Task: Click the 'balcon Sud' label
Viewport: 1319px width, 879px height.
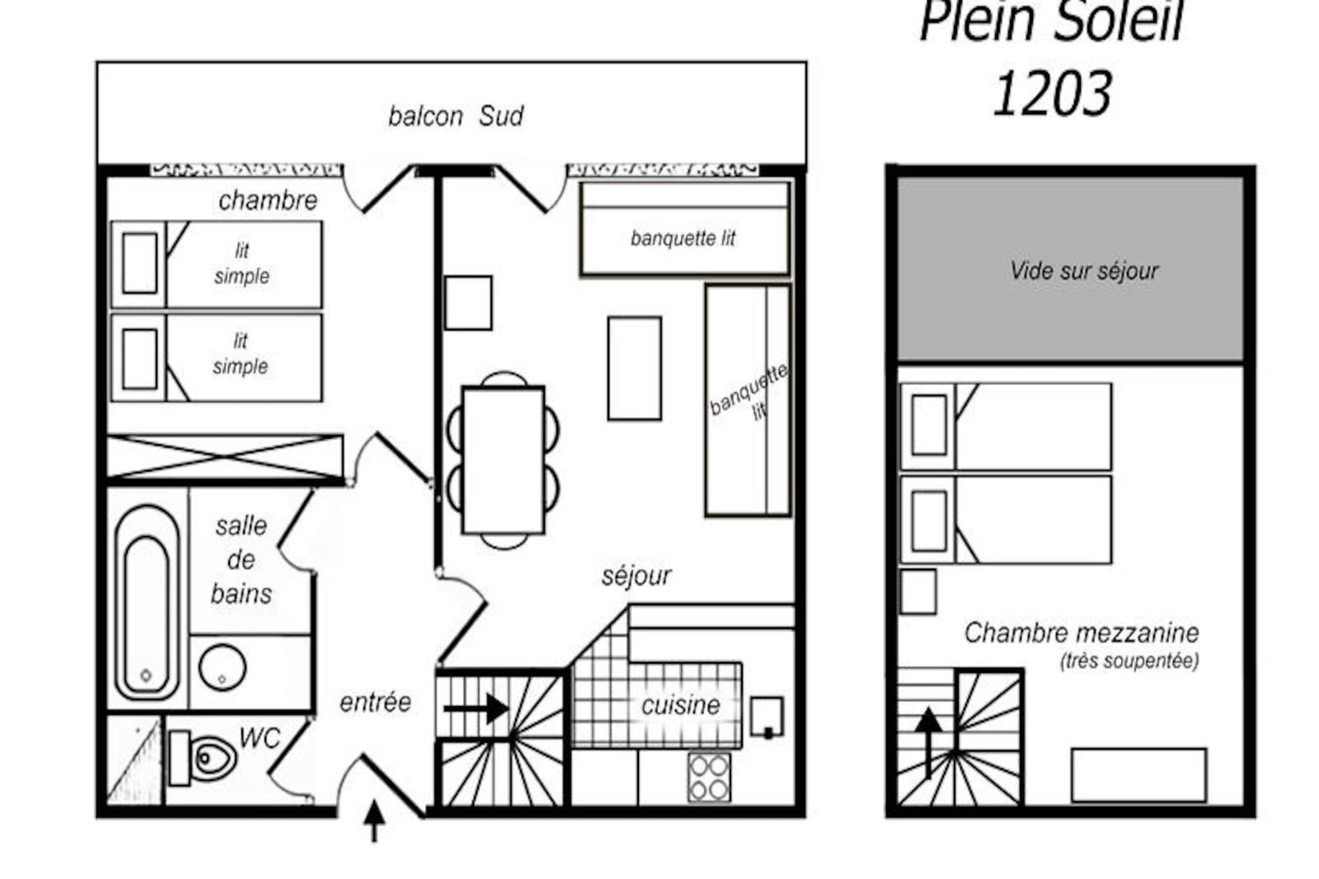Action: point(456,117)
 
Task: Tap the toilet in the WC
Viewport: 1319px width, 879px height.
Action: point(203,758)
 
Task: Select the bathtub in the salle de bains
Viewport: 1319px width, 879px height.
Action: point(147,603)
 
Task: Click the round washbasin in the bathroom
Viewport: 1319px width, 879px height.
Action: point(222,667)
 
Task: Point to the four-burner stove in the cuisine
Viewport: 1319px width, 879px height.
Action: point(709,778)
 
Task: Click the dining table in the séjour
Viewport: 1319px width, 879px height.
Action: point(504,460)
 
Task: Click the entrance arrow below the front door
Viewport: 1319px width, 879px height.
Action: point(374,820)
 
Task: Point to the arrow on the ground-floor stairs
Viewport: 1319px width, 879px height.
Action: point(477,708)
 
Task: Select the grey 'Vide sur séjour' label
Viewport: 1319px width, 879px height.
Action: point(1084,271)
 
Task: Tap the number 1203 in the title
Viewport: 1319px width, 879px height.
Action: point(1052,94)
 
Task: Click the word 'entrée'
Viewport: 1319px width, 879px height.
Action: point(375,702)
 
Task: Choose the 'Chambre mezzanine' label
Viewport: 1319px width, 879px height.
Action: point(1081,633)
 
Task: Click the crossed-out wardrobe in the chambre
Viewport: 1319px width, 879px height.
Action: point(225,457)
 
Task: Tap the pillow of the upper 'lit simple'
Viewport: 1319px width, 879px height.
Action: point(140,263)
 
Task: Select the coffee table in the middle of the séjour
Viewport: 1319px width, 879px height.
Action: point(634,368)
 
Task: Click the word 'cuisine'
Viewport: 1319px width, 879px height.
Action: point(681,706)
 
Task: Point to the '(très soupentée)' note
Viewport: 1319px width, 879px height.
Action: point(1130,661)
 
